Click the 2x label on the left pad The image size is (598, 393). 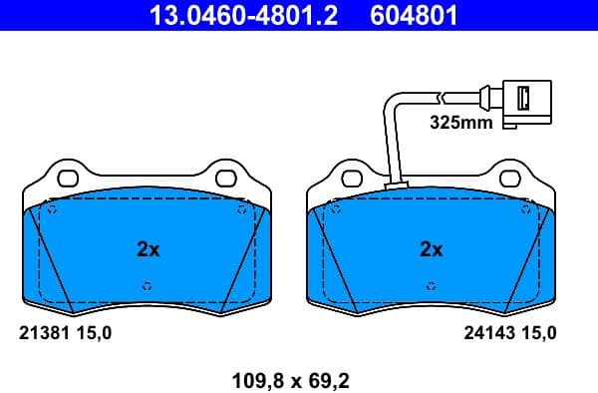(x=148, y=249)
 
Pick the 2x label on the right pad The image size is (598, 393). (x=431, y=249)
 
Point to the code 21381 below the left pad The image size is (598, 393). (x=42, y=333)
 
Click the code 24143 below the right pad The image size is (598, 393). (x=488, y=333)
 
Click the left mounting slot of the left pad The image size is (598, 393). (x=68, y=181)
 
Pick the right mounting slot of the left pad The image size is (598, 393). (x=226, y=181)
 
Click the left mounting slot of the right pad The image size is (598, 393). (x=352, y=181)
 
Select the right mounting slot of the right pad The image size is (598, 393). (x=509, y=181)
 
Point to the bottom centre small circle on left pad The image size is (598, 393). (x=148, y=286)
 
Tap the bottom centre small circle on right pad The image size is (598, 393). (x=432, y=286)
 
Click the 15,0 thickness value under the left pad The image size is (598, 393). (x=97, y=333)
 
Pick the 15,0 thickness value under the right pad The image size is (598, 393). (x=539, y=333)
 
